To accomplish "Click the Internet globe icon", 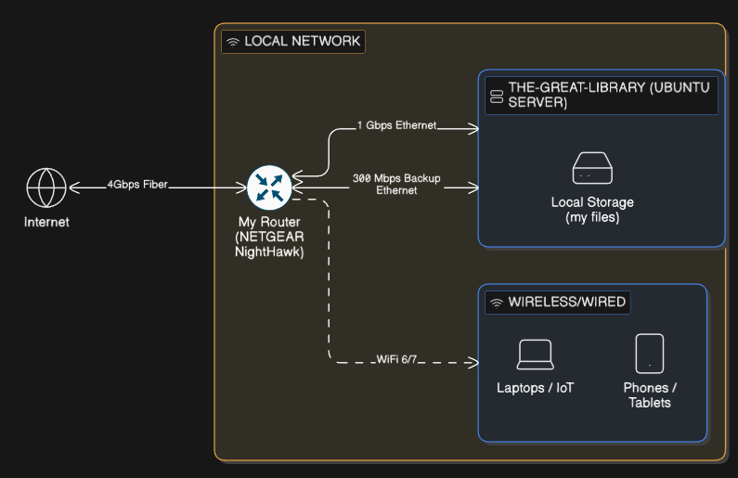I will pyautogui.click(x=45, y=187).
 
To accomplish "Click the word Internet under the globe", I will pyautogui.click(x=46, y=222).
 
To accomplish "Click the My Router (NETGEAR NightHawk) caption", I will pyautogui.click(x=270, y=237).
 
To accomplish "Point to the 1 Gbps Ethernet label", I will pyautogui.click(x=396, y=125).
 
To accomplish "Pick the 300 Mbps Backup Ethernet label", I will pyautogui.click(x=396, y=183).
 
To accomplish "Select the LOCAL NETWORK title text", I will pyautogui.click(x=302, y=42).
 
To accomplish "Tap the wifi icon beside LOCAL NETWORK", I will pyautogui.click(x=233, y=42).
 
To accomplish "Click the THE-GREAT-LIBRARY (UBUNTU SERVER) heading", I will pyautogui.click(x=608, y=95).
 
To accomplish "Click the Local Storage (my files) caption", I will pyautogui.click(x=592, y=210).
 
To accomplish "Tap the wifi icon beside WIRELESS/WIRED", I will pyautogui.click(x=497, y=303).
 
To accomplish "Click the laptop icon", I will pyautogui.click(x=536, y=355).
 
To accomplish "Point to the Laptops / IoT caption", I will pyautogui.click(x=536, y=387).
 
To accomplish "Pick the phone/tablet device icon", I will pyautogui.click(x=650, y=354).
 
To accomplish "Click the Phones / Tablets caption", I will pyautogui.click(x=650, y=394).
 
